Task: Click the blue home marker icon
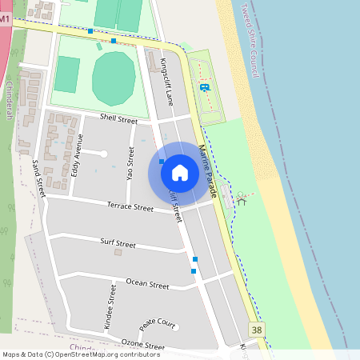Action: tap(180, 173)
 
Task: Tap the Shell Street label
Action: tap(118, 118)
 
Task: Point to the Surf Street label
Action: tap(118, 242)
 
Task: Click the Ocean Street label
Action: tap(148, 284)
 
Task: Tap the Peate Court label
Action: tap(157, 324)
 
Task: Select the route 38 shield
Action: tap(256, 330)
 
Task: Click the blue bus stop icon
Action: tap(205, 87)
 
